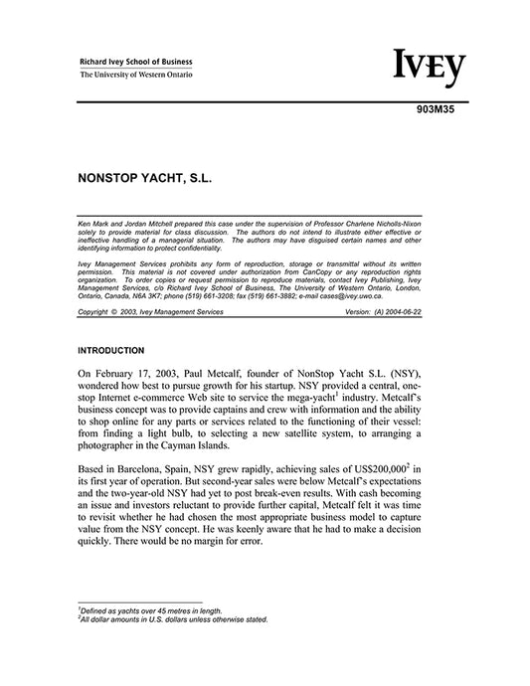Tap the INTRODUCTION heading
click(111, 350)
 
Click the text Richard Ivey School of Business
click(136, 61)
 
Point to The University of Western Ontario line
click(136, 75)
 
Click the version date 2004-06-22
click(431, 311)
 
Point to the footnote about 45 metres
click(150, 610)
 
